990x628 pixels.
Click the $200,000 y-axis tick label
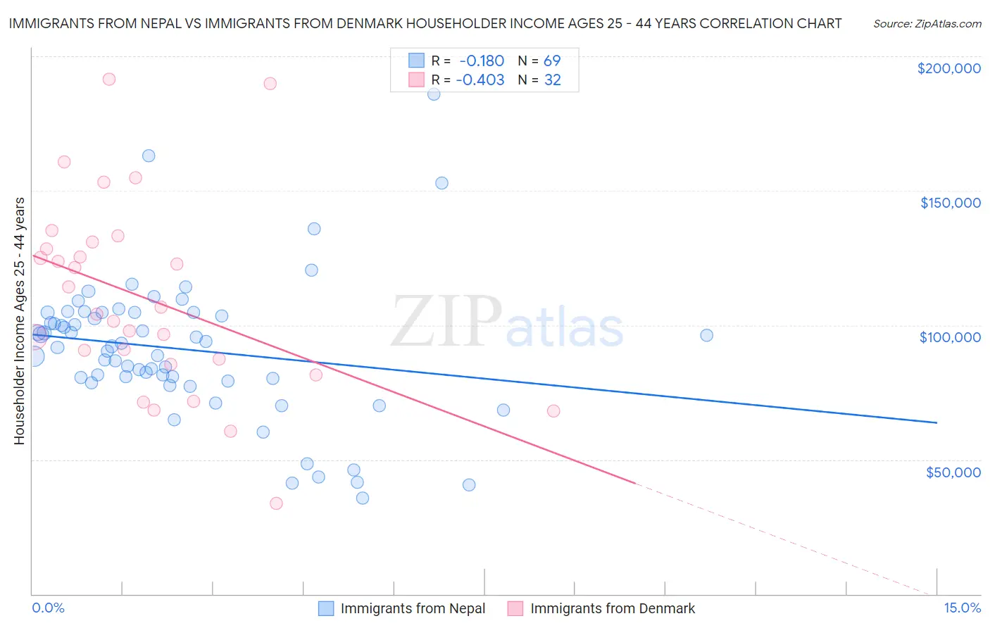(948, 68)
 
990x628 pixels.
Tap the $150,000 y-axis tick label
(950, 203)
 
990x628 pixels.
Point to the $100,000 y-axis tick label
(950, 337)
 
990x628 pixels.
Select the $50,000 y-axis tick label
(953, 472)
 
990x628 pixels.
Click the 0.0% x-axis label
(48, 608)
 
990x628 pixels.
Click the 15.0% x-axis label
(962, 608)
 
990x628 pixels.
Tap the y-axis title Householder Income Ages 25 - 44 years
(19, 321)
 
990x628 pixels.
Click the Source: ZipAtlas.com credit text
(927, 23)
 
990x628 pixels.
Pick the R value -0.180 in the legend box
(482, 61)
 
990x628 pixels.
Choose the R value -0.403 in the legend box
(480, 80)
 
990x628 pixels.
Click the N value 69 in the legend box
(552, 61)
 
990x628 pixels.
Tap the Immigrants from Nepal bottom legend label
(413, 608)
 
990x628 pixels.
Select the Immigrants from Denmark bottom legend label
(612, 608)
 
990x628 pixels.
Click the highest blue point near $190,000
(434, 94)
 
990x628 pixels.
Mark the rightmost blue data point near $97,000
(706, 335)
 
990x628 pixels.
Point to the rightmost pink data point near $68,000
(553, 411)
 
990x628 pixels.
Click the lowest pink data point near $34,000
(276, 503)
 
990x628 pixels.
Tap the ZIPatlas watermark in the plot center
(507, 322)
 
